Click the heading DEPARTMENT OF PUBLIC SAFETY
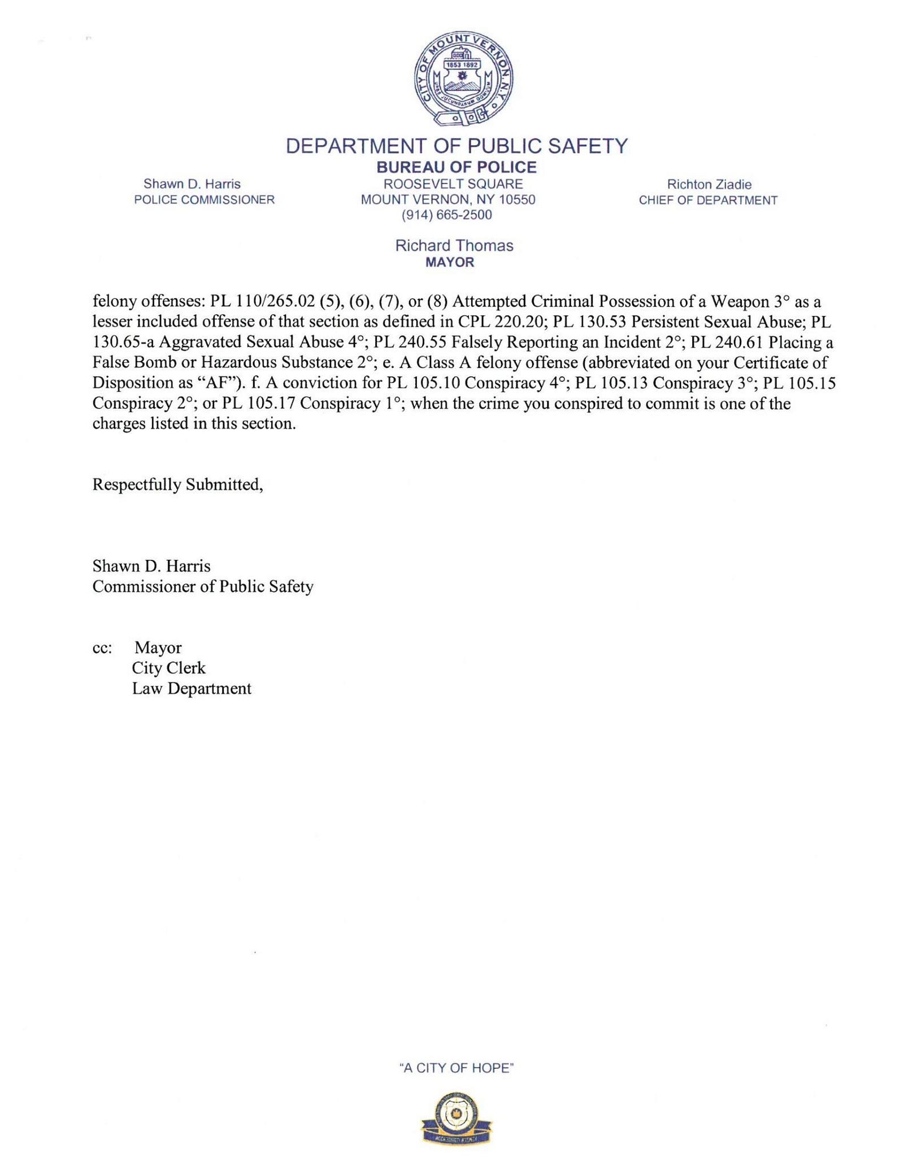coord(457,146)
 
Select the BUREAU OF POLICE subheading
coord(457,167)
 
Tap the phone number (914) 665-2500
coord(446,215)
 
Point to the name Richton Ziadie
coord(709,184)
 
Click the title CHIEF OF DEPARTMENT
coord(708,200)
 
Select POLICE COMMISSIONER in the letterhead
coord(204,199)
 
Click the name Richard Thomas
coord(454,246)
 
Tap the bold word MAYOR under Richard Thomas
coord(450,262)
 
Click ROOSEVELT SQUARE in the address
coord(453,184)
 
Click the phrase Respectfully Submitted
coord(177,485)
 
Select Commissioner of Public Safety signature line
coord(203,586)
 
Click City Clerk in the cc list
coord(168,668)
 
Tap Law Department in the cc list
coord(192,688)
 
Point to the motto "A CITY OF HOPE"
coord(457,1068)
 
